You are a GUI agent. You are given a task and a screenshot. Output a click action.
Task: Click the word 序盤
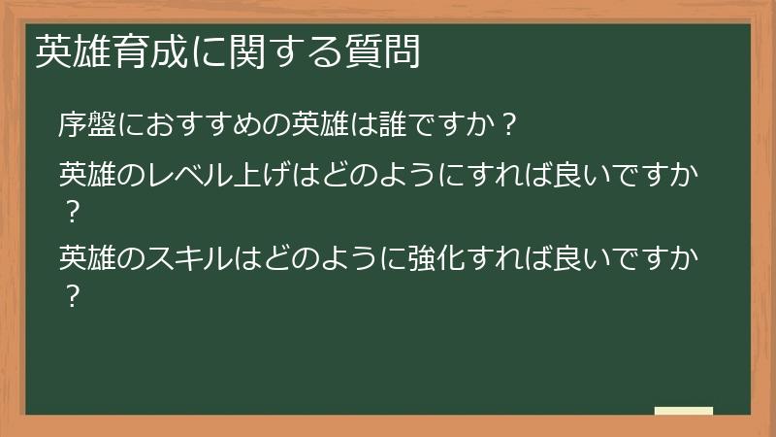[x=86, y=123]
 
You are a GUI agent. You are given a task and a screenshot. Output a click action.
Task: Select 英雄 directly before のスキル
[x=86, y=258]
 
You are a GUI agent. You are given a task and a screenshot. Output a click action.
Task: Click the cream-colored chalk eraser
[x=684, y=411]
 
